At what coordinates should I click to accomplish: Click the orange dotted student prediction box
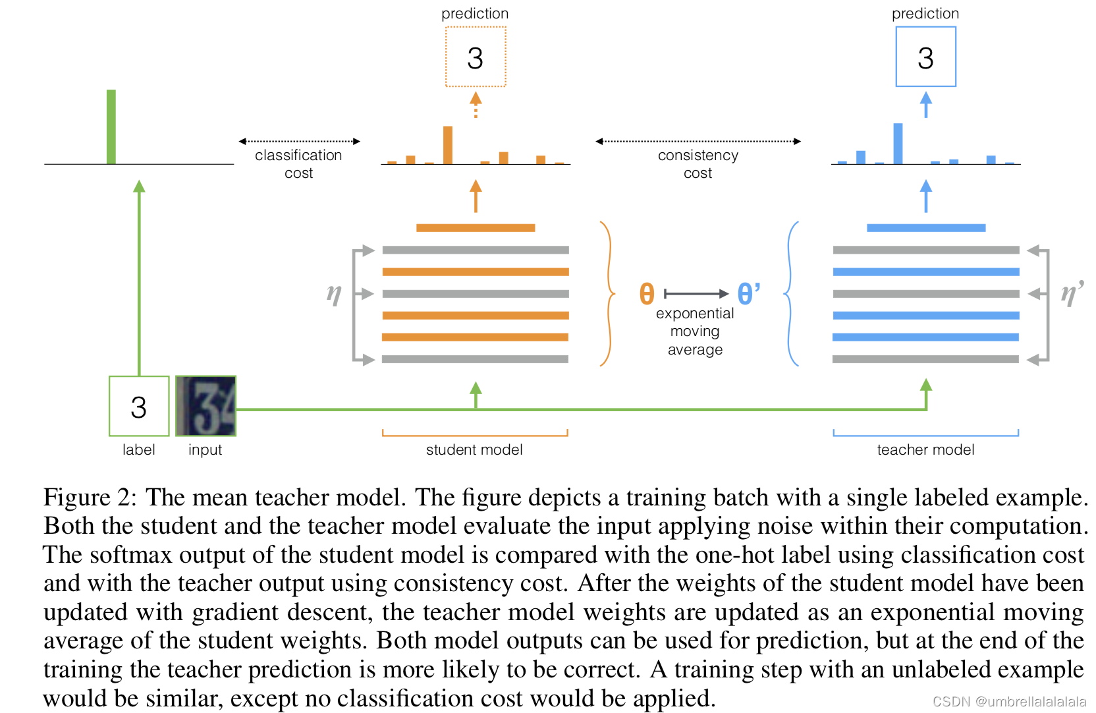pyautogui.click(x=476, y=57)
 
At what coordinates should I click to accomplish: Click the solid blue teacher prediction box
pyautogui.click(x=925, y=57)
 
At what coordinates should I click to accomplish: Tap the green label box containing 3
pyautogui.click(x=139, y=407)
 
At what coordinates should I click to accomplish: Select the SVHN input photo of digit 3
pyautogui.click(x=205, y=407)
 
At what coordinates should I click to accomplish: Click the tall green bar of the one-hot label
pyautogui.click(x=111, y=127)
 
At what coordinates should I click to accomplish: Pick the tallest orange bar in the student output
pyautogui.click(x=448, y=145)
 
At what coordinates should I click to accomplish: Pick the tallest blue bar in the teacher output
pyautogui.click(x=898, y=144)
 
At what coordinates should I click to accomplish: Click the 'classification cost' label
pyautogui.click(x=298, y=164)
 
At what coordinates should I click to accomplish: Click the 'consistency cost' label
pyautogui.click(x=698, y=164)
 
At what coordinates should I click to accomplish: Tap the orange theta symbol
pyautogui.click(x=647, y=294)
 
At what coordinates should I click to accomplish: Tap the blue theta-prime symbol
pyautogui.click(x=748, y=294)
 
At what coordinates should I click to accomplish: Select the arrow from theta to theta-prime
pyautogui.click(x=696, y=294)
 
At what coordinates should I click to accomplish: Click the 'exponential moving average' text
pyautogui.click(x=695, y=331)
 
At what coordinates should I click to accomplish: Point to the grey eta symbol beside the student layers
pyautogui.click(x=334, y=293)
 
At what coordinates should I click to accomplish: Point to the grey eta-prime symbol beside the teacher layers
pyautogui.click(x=1072, y=293)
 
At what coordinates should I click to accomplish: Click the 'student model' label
pyautogui.click(x=474, y=450)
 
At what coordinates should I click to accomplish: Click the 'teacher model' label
pyautogui.click(x=925, y=450)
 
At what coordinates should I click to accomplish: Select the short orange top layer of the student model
pyautogui.click(x=476, y=228)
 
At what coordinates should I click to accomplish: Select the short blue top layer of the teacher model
pyautogui.click(x=926, y=228)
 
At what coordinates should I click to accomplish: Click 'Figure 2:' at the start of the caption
pyautogui.click(x=90, y=498)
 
